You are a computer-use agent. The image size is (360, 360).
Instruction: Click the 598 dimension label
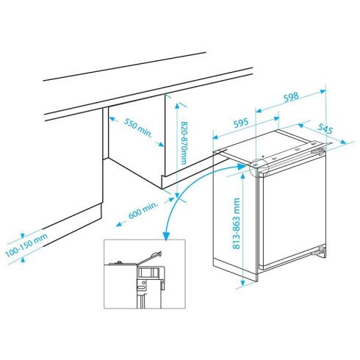(x=291, y=97)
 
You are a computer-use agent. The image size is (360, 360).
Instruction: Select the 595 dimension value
(x=241, y=123)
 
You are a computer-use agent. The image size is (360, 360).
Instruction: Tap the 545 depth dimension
(x=325, y=129)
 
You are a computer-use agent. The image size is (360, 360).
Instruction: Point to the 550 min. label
(x=138, y=127)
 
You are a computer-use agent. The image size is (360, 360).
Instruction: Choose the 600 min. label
(x=143, y=210)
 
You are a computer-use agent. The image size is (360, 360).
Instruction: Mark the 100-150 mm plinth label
(x=26, y=245)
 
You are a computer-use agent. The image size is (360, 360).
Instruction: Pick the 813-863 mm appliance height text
(x=236, y=223)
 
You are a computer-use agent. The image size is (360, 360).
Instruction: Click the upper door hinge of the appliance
(x=318, y=151)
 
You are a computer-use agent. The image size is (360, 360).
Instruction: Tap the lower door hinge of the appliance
(x=320, y=251)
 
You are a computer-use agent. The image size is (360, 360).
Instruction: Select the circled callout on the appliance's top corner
(x=259, y=168)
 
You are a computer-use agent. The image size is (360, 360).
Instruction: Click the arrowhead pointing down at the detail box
(x=167, y=236)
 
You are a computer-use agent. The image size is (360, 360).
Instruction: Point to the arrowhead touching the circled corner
(x=242, y=167)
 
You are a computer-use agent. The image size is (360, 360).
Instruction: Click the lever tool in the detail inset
(x=149, y=258)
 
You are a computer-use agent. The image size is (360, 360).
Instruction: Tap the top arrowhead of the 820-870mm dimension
(x=177, y=106)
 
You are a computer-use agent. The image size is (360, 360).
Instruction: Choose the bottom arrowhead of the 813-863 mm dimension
(x=242, y=283)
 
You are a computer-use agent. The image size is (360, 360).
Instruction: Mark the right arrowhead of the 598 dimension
(x=323, y=91)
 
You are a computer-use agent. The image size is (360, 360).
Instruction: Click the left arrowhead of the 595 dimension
(x=215, y=137)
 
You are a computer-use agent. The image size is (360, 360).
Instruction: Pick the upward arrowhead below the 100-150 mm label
(x=23, y=260)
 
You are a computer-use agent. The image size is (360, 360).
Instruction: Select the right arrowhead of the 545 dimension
(x=343, y=142)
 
